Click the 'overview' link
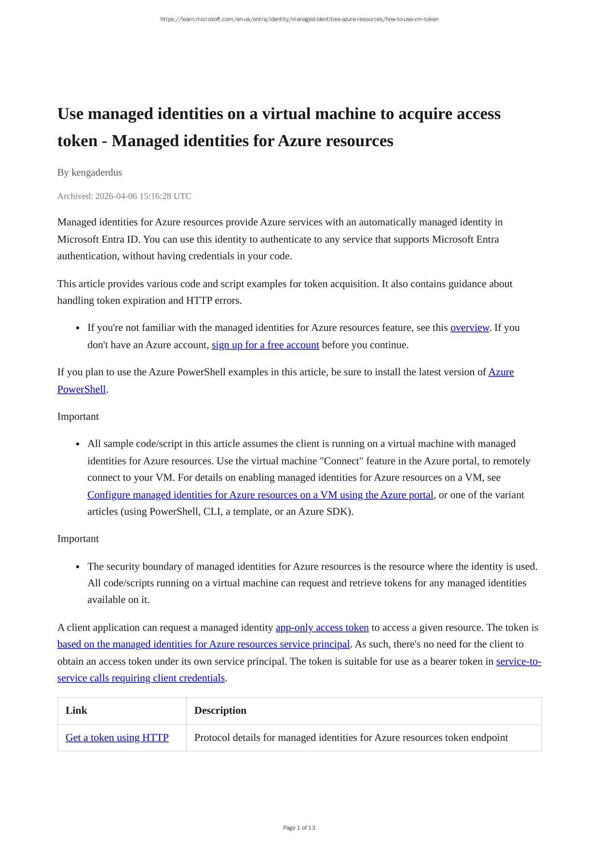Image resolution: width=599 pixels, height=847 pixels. pos(469,328)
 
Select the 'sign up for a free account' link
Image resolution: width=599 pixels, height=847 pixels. pos(265,345)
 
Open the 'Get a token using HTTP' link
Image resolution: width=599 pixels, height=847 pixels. pos(117,738)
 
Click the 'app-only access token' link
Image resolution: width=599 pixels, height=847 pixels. pos(322,628)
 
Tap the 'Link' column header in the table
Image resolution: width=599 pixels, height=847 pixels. pos(76,710)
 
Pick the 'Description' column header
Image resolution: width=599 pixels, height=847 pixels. pos(220,710)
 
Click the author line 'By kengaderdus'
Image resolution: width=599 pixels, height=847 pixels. pos(90,173)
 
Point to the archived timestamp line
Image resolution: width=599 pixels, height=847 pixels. pos(124,196)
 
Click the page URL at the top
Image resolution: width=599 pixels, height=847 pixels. pos(299,19)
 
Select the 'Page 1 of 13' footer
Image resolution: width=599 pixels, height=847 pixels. pos(299,828)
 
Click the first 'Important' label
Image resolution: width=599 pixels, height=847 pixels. pos(78,417)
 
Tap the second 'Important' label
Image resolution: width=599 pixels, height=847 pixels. pos(78,539)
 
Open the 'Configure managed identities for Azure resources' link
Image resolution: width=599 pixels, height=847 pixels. pos(260,495)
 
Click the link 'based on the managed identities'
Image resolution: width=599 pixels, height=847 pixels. pos(203,644)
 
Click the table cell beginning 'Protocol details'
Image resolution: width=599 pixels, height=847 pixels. pos(351,738)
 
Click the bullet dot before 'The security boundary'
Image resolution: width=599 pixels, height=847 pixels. pos(78,567)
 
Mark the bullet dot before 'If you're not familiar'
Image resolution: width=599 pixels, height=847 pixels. pos(78,328)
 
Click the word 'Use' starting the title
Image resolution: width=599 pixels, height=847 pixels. pos(70,114)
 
